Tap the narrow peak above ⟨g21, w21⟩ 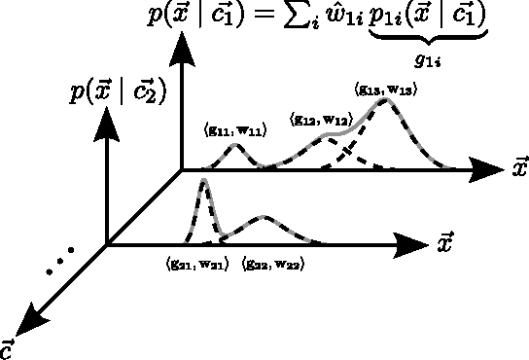(x=203, y=182)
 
